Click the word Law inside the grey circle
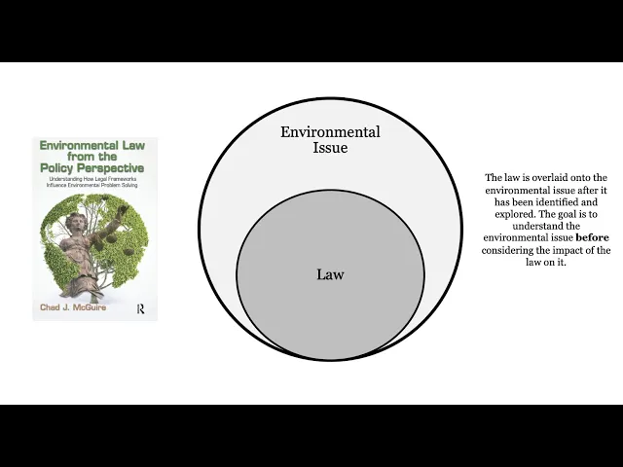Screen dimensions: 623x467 [x=330, y=274]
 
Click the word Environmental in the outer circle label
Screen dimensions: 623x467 [x=330, y=132]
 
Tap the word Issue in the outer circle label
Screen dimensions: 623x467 [x=330, y=148]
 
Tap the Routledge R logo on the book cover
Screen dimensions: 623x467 [x=142, y=306]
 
